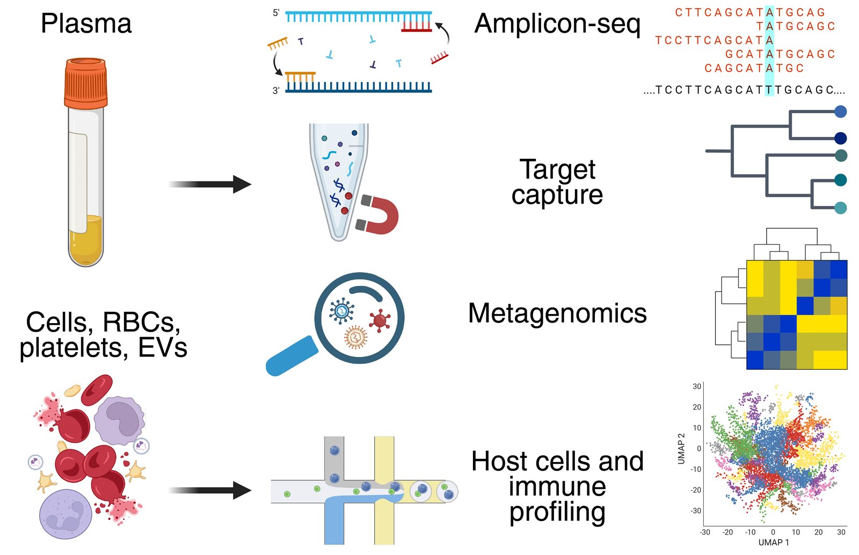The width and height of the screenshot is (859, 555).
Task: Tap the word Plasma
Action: pos(86,24)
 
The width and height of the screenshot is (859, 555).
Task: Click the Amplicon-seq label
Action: pos(557,25)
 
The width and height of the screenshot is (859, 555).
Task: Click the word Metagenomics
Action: pos(557,313)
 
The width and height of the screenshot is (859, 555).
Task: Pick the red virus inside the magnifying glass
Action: pos(380,320)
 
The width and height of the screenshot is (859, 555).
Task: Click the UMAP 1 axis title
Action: pos(773,542)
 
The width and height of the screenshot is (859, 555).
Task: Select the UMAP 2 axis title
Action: pos(681,449)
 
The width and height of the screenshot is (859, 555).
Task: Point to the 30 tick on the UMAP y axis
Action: pos(696,386)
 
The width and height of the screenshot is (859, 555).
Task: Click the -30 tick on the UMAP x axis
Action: pos(705,532)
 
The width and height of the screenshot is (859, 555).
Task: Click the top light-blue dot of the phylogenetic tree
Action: pos(841,112)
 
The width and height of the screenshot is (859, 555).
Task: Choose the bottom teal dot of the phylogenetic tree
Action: pos(841,208)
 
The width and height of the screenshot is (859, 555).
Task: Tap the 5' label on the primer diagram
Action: pos(276,13)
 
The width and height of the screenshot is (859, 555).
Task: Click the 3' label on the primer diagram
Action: pos(276,91)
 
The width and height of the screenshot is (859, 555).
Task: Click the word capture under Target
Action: pos(557,195)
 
